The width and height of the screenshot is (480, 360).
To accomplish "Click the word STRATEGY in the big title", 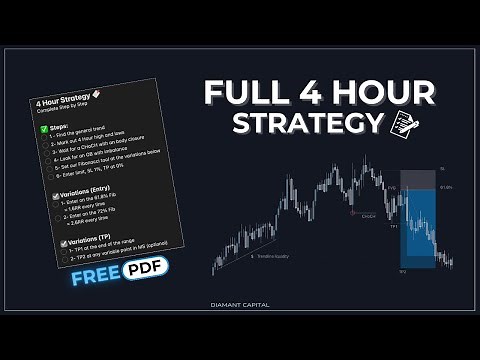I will pyautogui.click(x=307, y=124).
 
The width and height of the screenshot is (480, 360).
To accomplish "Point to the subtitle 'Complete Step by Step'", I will pyautogui.click(x=64, y=114).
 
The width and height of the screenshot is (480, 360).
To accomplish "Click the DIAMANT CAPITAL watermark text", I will pyautogui.click(x=240, y=305).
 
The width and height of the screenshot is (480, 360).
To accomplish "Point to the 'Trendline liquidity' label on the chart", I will pyautogui.click(x=270, y=257).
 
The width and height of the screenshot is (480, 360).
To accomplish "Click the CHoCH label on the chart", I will pyautogui.click(x=368, y=214).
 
